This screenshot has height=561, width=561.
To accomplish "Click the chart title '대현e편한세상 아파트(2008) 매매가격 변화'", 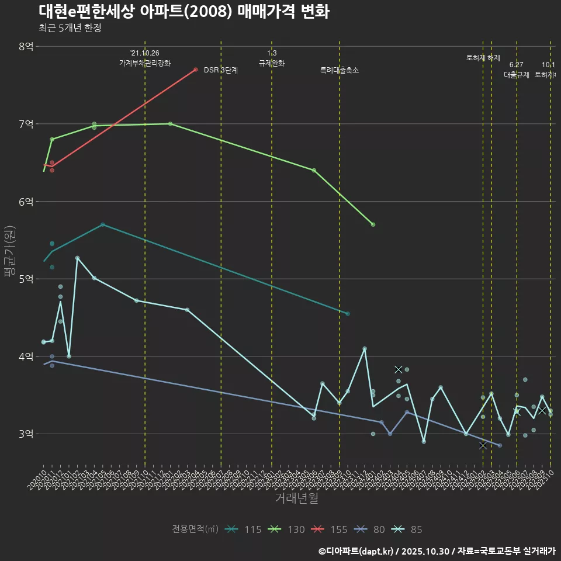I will (184, 12).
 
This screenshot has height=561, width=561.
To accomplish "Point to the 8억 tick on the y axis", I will (26, 46).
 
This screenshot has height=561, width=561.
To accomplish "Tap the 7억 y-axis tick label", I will (26, 124).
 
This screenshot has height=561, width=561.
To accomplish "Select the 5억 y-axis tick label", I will (26, 279).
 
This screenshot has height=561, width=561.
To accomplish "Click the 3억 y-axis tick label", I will (26, 434).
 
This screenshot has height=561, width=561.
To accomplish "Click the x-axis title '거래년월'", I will (296, 498).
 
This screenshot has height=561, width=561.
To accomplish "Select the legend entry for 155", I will (331, 529).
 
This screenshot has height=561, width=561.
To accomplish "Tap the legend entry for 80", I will (371, 529).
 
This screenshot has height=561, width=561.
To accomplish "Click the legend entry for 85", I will (408, 529).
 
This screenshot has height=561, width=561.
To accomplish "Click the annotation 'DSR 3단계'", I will (221, 70).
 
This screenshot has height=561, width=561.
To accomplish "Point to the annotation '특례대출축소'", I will (340, 70).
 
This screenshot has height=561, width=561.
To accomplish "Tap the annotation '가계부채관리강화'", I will (145, 63).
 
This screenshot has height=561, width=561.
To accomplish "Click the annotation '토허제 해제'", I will (483, 58).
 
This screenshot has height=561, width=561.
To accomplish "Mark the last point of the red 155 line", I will (195, 70).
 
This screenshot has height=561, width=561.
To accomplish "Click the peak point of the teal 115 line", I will (103, 224).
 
